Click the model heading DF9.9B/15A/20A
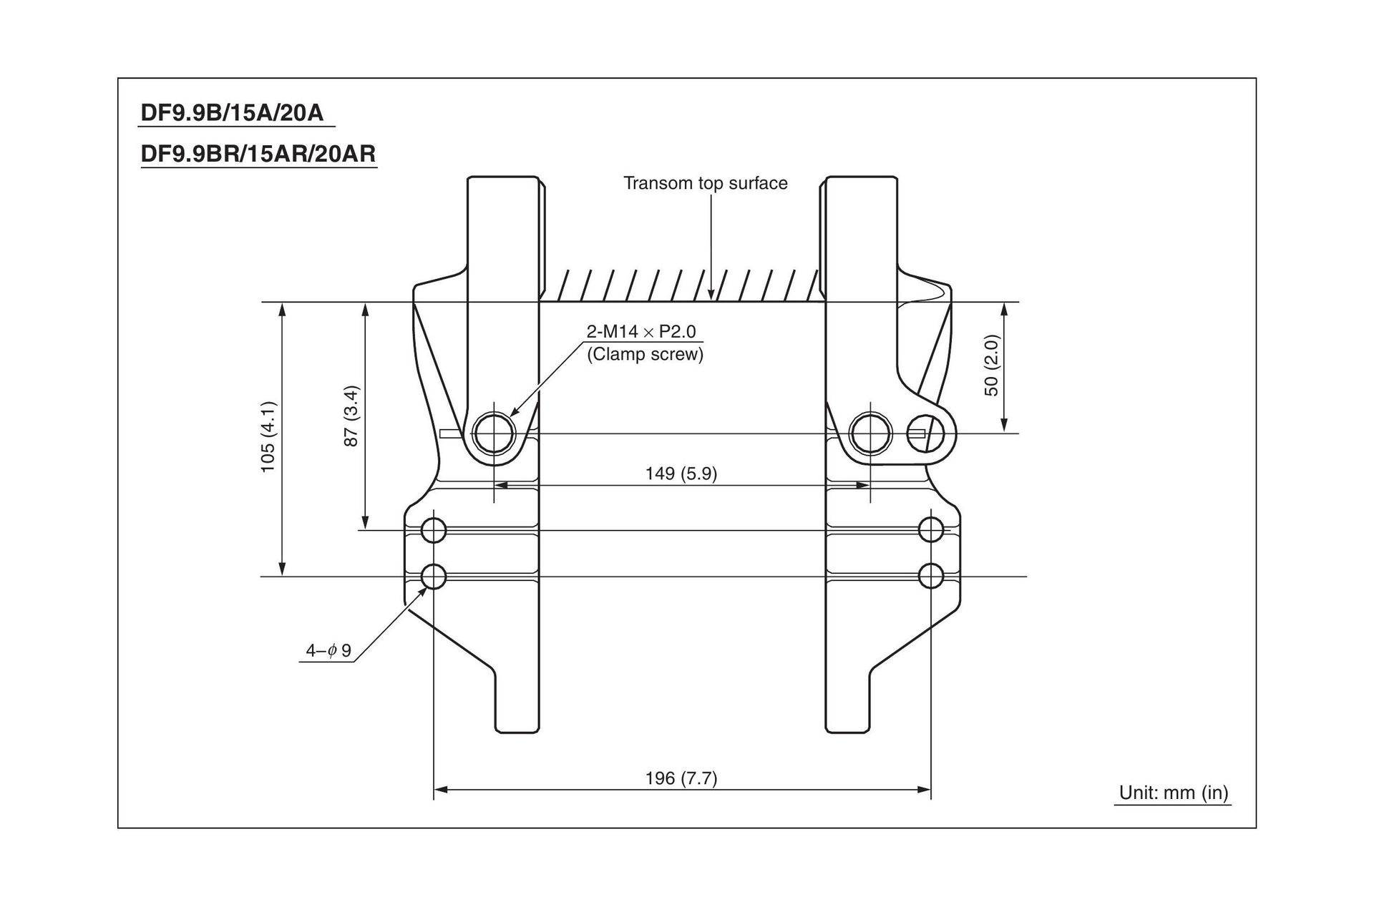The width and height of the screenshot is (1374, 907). click(x=233, y=113)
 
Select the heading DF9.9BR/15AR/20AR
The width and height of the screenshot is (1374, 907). click(x=258, y=154)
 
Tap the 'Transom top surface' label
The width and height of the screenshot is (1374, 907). click(x=705, y=183)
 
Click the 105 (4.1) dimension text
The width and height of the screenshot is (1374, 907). click(x=268, y=436)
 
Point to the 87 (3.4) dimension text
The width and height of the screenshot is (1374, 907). click(x=351, y=416)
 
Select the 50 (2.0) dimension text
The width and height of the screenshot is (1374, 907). click(x=991, y=365)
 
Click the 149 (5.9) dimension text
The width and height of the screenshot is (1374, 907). click(x=681, y=474)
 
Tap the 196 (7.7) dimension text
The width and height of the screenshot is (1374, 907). click(x=681, y=778)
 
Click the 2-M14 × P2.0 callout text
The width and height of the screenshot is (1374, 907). click(x=640, y=332)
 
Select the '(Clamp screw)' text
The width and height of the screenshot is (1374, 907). click(x=645, y=355)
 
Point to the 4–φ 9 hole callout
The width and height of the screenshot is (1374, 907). click(x=328, y=650)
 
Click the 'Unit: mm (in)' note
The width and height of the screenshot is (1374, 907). click(x=1174, y=793)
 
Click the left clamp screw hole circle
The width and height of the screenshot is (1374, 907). click(x=494, y=433)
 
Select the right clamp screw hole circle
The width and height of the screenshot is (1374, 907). click(x=869, y=433)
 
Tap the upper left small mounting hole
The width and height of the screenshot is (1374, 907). click(x=434, y=530)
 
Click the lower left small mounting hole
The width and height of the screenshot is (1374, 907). click(x=434, y=576)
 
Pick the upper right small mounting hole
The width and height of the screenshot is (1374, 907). click(x=930, y=530)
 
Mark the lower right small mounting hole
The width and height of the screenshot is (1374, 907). click(x=930, y=576)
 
